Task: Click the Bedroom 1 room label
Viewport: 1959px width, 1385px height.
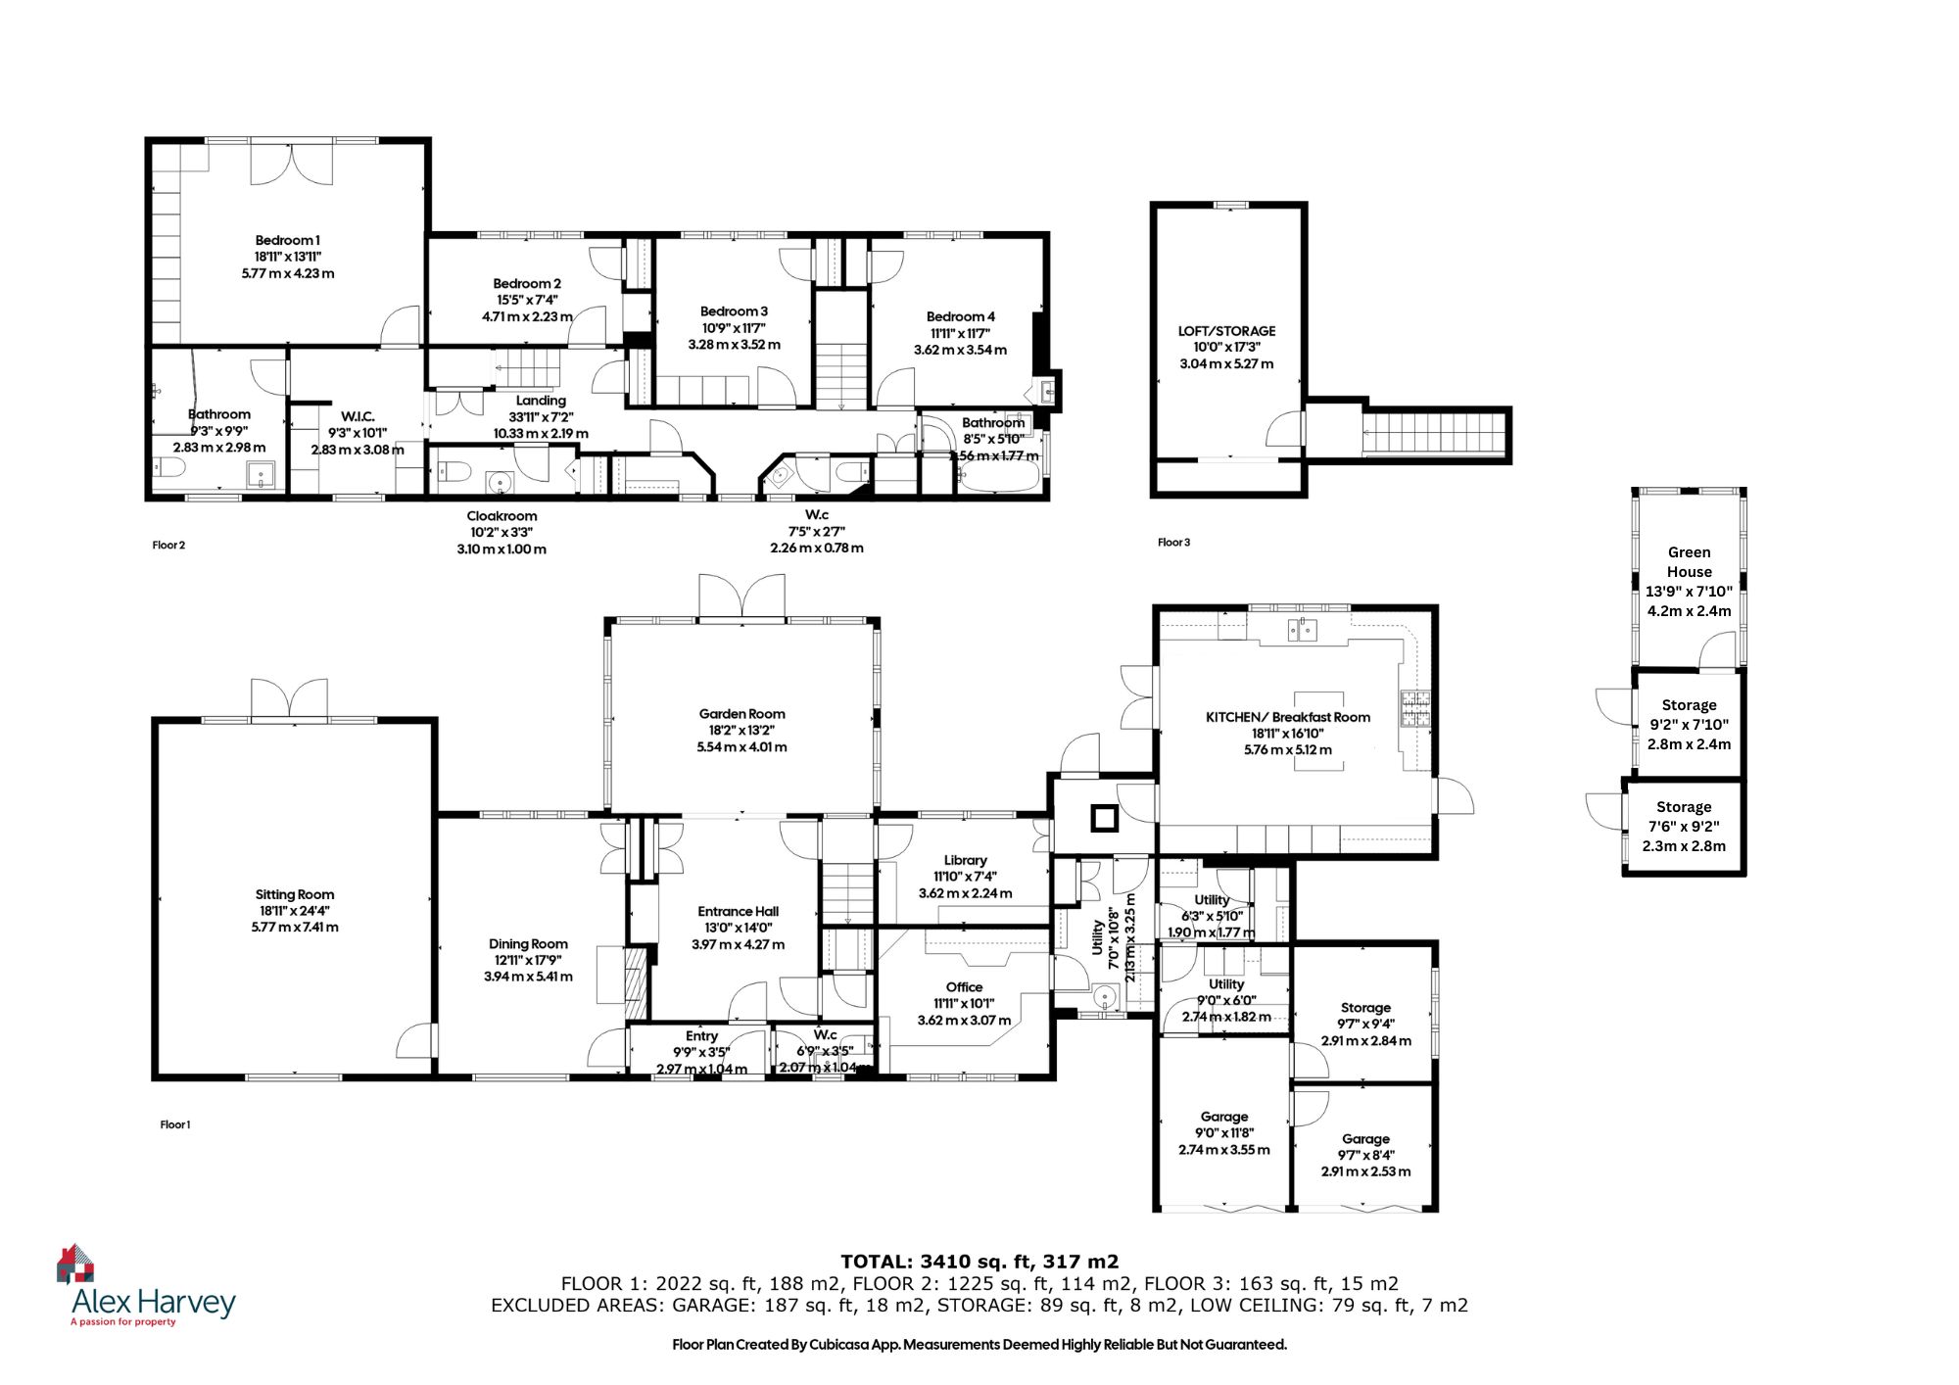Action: click(x=287, y=240)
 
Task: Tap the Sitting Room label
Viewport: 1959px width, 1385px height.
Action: click(x=295, y=894)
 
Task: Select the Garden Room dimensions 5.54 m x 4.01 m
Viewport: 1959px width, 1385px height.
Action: click(x=741, y=746)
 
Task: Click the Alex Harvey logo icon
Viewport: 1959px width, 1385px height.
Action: click(x=75, y=1264)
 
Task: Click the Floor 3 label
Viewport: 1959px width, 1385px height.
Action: click(x=1173, y=542)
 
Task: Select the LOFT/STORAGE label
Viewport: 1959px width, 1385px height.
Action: click(x=1226, y=331)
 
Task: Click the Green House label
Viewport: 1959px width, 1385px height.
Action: click(x=1689, y=562)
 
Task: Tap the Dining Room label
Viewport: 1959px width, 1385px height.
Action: click(x=528, y=944)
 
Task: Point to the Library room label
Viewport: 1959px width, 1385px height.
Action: click(x=965, y=860)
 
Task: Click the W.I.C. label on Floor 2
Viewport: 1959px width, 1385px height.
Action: click(x=358, y=416)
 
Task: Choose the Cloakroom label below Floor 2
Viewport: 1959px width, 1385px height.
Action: click(x=502, y=516)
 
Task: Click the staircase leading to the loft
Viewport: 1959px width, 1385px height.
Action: click(x=1433, y=432)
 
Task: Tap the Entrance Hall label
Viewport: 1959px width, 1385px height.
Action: click(x=738, y=911)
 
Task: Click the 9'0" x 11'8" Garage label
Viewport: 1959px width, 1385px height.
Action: click(x=1223, y=1117)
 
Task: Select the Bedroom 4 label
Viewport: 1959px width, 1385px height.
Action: click(x=960, y=316)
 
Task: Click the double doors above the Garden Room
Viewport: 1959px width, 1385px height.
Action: click(x=741, y=597)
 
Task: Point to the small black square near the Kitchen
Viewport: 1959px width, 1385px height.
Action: click(x=1104, y=817)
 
